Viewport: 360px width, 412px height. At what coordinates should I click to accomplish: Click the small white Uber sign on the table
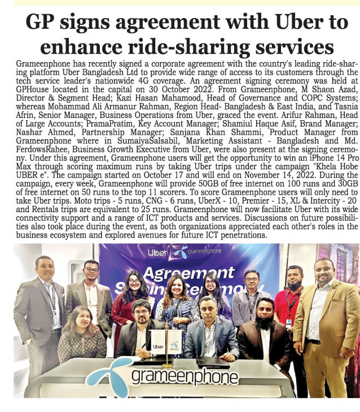[159, 348]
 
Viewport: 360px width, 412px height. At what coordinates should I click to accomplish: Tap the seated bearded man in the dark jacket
[262, 333]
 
